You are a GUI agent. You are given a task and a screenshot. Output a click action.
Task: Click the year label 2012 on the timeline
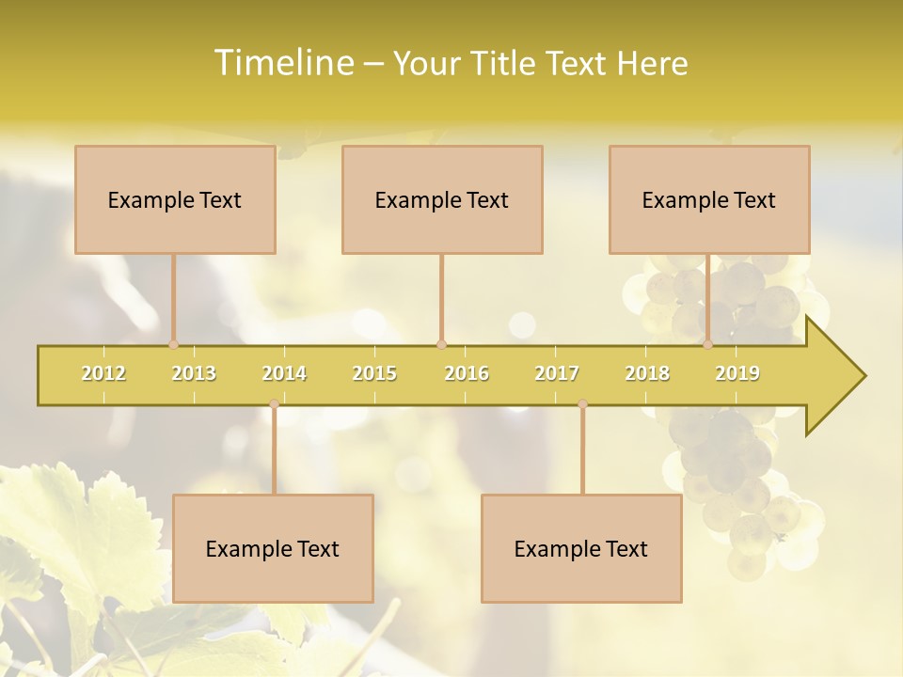point(103,373)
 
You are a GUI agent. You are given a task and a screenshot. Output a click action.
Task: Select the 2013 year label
point(194,373)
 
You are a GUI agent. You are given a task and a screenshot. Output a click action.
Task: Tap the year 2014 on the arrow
point(284,373)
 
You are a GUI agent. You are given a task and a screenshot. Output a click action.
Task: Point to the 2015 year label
point(374,373)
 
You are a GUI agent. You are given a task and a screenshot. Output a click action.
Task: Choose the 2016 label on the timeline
point(467,373)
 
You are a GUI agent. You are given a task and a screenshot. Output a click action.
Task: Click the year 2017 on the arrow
point(557,373)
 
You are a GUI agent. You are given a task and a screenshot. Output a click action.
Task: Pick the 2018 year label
point(647,373)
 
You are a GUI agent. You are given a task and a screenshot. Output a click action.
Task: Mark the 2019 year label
point(737,373)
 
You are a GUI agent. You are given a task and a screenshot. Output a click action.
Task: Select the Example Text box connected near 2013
point(175,199)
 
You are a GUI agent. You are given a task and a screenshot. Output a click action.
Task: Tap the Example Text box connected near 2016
point(442,199)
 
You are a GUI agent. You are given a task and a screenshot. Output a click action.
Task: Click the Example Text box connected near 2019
point(709,199)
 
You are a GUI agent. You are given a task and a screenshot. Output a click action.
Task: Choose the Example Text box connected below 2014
point(273,548)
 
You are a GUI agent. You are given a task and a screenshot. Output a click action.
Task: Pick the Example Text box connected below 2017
point(581,548)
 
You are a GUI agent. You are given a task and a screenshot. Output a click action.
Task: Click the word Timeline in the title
point(283,63)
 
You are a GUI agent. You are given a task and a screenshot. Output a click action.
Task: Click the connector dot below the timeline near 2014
point(274,404)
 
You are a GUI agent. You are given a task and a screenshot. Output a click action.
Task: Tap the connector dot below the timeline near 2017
point(582,404)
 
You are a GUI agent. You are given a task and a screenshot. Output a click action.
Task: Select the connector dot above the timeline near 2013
point(173,344)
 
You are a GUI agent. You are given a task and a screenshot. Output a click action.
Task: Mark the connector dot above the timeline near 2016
point(441,344)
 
